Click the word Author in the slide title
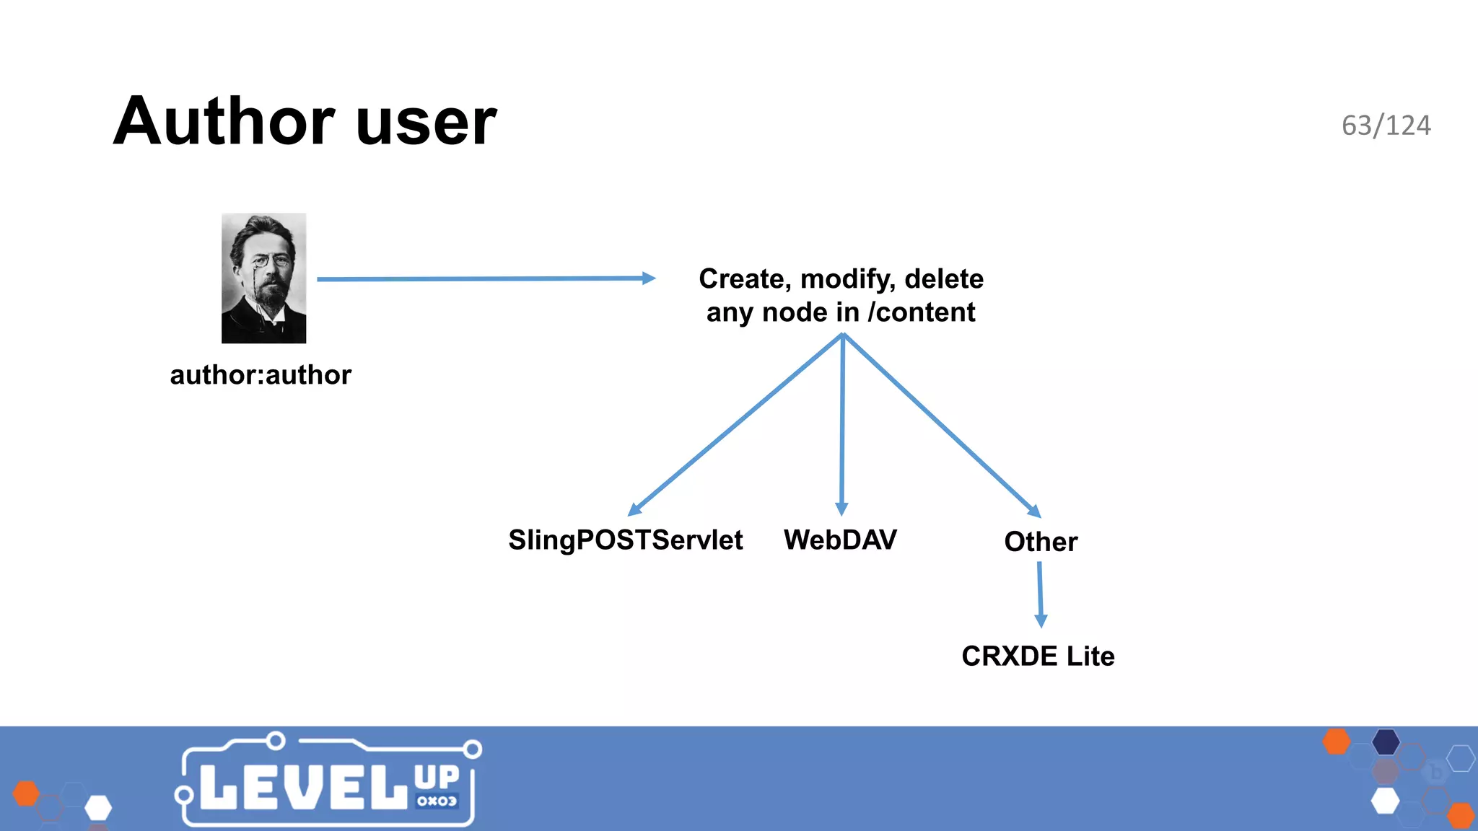click(x=224, y=121)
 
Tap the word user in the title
click(x=426, y=123)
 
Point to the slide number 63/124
click(x=1386, y=126)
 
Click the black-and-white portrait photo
click(x=263, y=278)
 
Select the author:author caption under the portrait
click(x=261, y=375)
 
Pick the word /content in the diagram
click(x=922, y=312)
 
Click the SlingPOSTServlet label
click(x=625, y=540)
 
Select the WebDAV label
click(x=840, y=540)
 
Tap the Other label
click(x=1041, y=542)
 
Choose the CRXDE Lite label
click(x=1038, y=656)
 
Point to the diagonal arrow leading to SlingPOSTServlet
click(x=736, y=426)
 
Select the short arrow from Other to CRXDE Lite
click(x=1040, y=594)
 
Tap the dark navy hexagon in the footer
click(x=1386, y=742)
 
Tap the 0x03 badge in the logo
click(x=437, y=801)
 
